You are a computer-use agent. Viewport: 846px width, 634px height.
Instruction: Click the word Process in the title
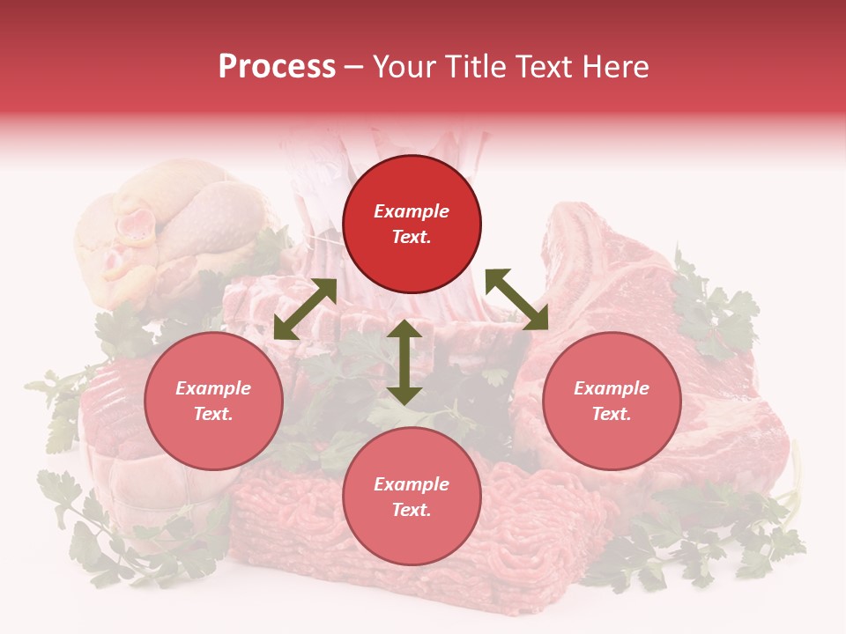point(277,67)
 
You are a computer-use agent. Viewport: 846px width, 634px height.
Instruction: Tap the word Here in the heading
point(612,67)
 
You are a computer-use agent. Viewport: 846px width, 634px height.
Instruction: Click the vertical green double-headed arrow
point(404,362)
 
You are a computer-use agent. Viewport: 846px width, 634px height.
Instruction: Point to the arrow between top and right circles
point(517,299)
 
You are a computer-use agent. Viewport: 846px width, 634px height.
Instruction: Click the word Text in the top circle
point(412,237)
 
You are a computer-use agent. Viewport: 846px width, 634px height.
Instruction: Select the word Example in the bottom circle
point(412,484)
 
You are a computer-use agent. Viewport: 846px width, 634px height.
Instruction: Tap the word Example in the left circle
point(213,388)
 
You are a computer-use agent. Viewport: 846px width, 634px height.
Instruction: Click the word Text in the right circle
point(611,414)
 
